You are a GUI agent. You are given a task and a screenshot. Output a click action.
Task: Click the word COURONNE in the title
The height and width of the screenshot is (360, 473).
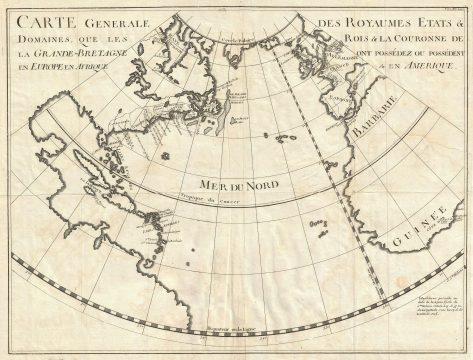click(412, 45)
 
